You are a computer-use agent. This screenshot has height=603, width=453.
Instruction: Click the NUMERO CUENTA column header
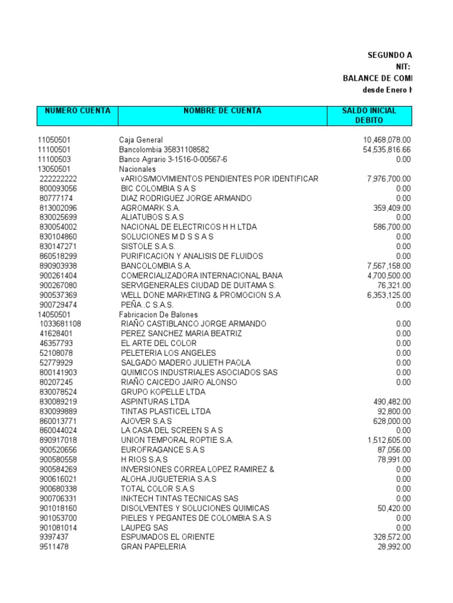click(77, 111)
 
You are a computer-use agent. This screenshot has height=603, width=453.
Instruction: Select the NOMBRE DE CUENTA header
click(222, 111)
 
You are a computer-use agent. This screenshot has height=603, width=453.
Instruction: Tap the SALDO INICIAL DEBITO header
click(369, 115)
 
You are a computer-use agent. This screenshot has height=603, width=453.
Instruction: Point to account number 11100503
click(54, 160)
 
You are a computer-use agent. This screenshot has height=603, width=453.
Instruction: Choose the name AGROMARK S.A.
click(150, 208)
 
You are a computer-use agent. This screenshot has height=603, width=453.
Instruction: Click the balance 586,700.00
click(392, 227)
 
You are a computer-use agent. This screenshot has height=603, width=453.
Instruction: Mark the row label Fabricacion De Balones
click(159, 314)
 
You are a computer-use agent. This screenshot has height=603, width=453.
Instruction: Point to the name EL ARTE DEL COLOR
click(155, 343)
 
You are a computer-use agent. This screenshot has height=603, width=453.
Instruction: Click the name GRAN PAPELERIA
click(153, 546)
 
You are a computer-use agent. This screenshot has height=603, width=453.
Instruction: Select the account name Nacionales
click(137, 169)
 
